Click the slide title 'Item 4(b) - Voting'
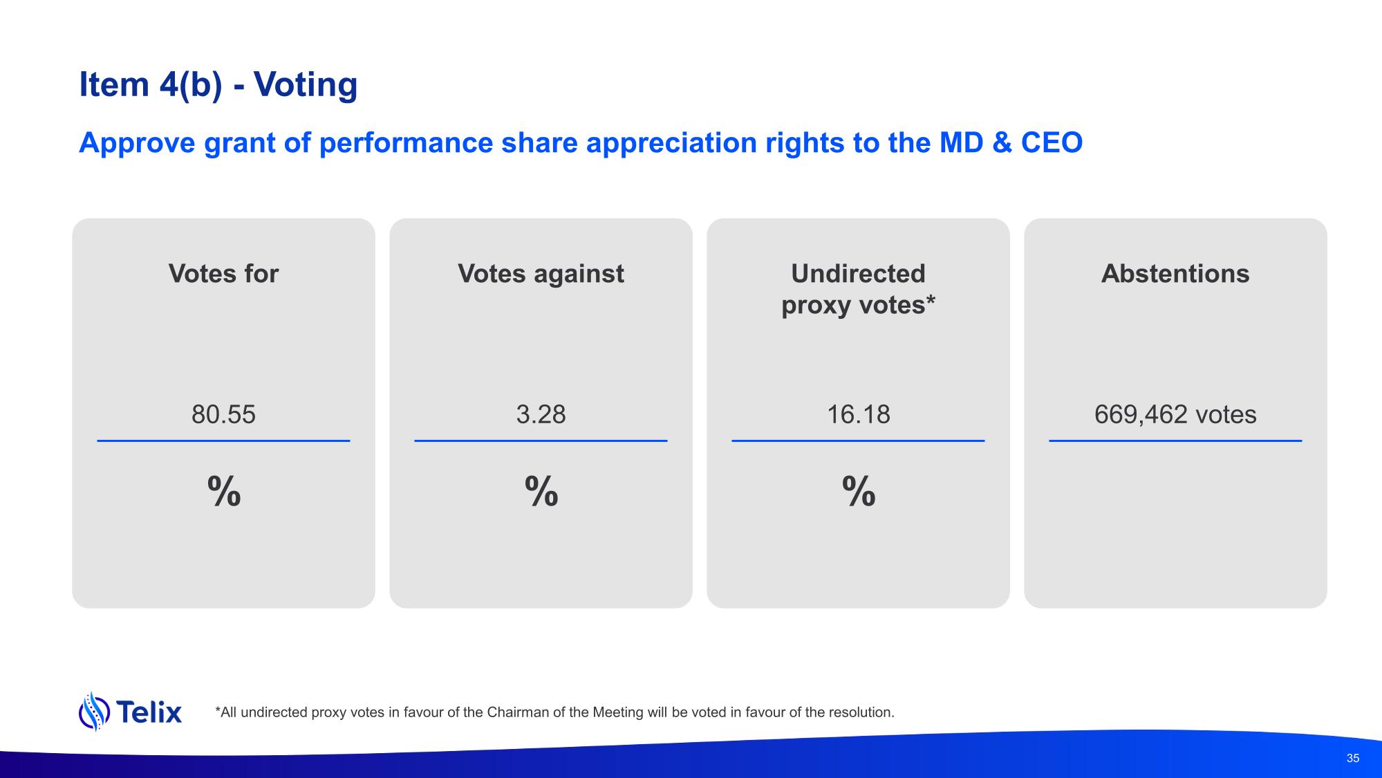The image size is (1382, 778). pyautogui.click(x=218, y=85)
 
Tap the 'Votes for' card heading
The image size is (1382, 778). pyautogui.click(x=223, y=274)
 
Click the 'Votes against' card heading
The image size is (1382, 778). pyautogui.click(x=541, y=274)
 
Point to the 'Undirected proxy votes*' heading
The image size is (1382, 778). pyautogui.click(x=858, y=289)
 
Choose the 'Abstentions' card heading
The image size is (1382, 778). pyautogui.click(x=1175, y=274)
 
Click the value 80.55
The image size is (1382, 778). pyautogui.click(x=223, y=414)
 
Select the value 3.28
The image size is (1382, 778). pyautogui.click(x=541, y=414)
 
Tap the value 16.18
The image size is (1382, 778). pyautogui.click(x=859, y=414)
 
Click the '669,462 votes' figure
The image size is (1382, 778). pyautogui.click(x=1175, y=414)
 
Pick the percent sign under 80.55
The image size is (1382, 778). pyautogui.click(x=224, y=492)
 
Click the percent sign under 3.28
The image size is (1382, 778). pyautogui.click(x=541, y=492)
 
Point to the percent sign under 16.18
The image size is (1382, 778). pyautogui.click(x=859, y=492)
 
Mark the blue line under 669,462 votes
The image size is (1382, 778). pyautogui.click(x=1175, y=441)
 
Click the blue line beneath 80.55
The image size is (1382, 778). pyautogui.click(x=223, y=441)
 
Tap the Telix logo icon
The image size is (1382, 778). pyautogui.click(x=94, y=711)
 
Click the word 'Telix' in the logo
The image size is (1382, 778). pyautogui.click(x=149, y=712)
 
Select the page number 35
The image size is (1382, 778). pyautogui.click(x=1353, y=758)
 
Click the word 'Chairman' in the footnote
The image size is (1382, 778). pyautogui.click(x=518, y=712)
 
